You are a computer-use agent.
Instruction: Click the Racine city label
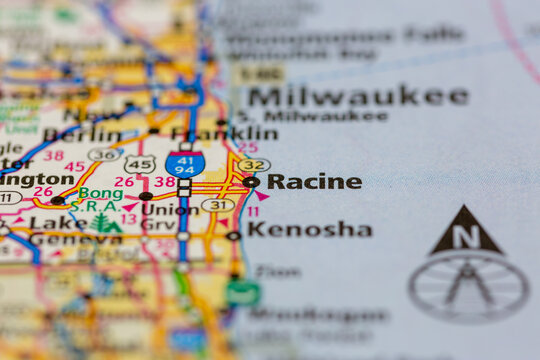[314, 182]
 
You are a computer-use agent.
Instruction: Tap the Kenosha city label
[310, 230]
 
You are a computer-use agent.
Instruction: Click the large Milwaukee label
[358, 96]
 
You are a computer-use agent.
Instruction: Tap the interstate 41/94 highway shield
[185, 164]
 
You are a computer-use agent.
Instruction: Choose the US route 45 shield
[140, 163]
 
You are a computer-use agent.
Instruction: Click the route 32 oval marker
[254, 165]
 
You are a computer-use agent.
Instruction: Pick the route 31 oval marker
[217, 205]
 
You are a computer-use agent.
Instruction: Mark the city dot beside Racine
[250, 182]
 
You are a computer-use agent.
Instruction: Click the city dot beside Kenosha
[233, 236]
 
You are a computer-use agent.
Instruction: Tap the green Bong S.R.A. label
[99, 199]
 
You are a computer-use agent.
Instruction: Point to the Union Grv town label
[170, 217]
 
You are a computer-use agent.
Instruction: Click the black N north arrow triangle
[466, 231]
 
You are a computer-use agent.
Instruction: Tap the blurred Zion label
[277, 271]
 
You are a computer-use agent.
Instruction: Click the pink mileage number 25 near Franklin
[247, 148]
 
